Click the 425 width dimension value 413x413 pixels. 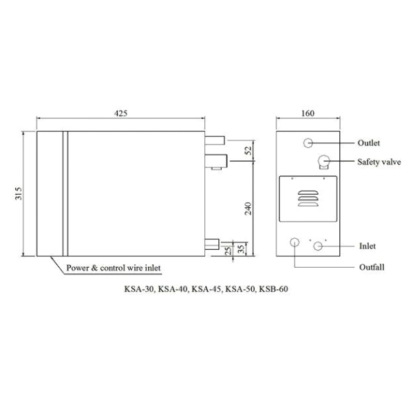click(120, 114)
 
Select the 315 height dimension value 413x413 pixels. click(19, 193)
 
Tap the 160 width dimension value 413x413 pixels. click(308, 114)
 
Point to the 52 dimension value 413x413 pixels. click(248, 150)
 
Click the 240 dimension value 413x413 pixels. click(248, 209)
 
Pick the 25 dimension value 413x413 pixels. click(229, 250)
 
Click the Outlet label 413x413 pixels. click(368, 143)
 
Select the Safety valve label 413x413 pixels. click(379, 162)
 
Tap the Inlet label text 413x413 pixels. click(367, 246)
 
